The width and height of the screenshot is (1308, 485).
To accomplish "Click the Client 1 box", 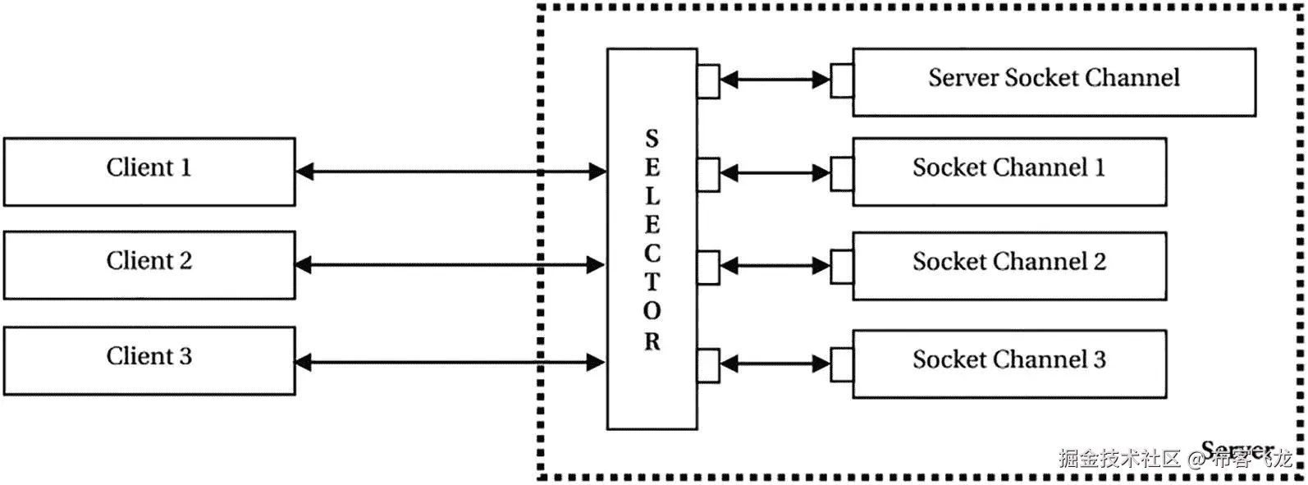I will point(149,171).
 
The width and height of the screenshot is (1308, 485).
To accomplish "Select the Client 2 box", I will point(149,264).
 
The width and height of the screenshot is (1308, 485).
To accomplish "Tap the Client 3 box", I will point(149,360).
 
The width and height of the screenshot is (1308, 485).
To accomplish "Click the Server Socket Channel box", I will point(1054,81).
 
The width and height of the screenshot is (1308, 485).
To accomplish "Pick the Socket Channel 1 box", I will point(1009,172).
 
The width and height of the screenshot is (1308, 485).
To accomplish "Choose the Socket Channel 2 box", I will point(1009,265).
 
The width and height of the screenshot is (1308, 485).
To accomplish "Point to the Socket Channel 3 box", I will point(1009,364).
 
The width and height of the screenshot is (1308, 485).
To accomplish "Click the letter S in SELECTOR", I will point(652,139).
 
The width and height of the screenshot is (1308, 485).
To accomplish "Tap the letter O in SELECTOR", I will point(652,312).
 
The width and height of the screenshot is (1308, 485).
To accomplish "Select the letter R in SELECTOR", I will point(652,341).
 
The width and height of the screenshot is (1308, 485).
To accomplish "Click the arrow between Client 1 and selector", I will point(450,172).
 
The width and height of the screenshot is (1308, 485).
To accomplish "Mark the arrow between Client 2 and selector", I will point(450,265).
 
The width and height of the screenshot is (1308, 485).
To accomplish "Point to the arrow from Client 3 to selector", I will point(450,362).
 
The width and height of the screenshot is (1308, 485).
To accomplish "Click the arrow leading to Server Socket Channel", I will point(775,80).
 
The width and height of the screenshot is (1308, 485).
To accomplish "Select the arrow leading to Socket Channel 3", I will point(775,363).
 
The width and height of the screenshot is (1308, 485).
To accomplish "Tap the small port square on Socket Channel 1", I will point(841,173).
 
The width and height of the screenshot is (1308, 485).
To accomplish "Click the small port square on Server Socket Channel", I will point(841,80).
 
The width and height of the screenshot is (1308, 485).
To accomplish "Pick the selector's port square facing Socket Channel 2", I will point(708,266).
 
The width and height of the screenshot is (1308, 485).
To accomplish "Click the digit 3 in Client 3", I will point(185,356).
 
